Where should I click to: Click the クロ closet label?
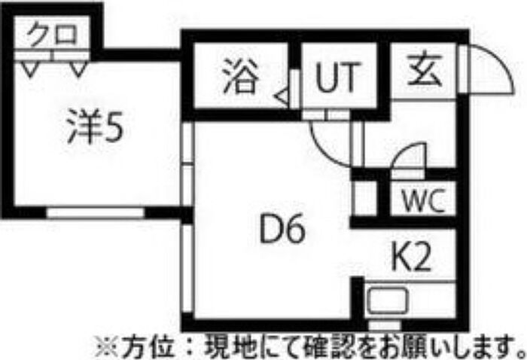pyautogui.click(x=52, y=35)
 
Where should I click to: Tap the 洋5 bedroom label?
pyautogui.click(x=95, y=127)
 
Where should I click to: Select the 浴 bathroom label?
pyautogui.click(x=241, y=76)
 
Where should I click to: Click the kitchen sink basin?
pyautogui.click(x=388, y=301)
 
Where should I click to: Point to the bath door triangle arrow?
pyautogui.click(x=282, y=97)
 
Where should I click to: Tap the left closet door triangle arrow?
pyautogui.click(x=29, y=69)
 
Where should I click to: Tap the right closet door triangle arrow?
pyautogui.click(x=79, y=69)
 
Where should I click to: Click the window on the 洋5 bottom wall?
pyautogui.click(x=96, y=213)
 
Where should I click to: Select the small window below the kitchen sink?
pyautogui.click(x=385, y=325)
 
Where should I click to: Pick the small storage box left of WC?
pyautogui.click(x=365, y=198)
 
